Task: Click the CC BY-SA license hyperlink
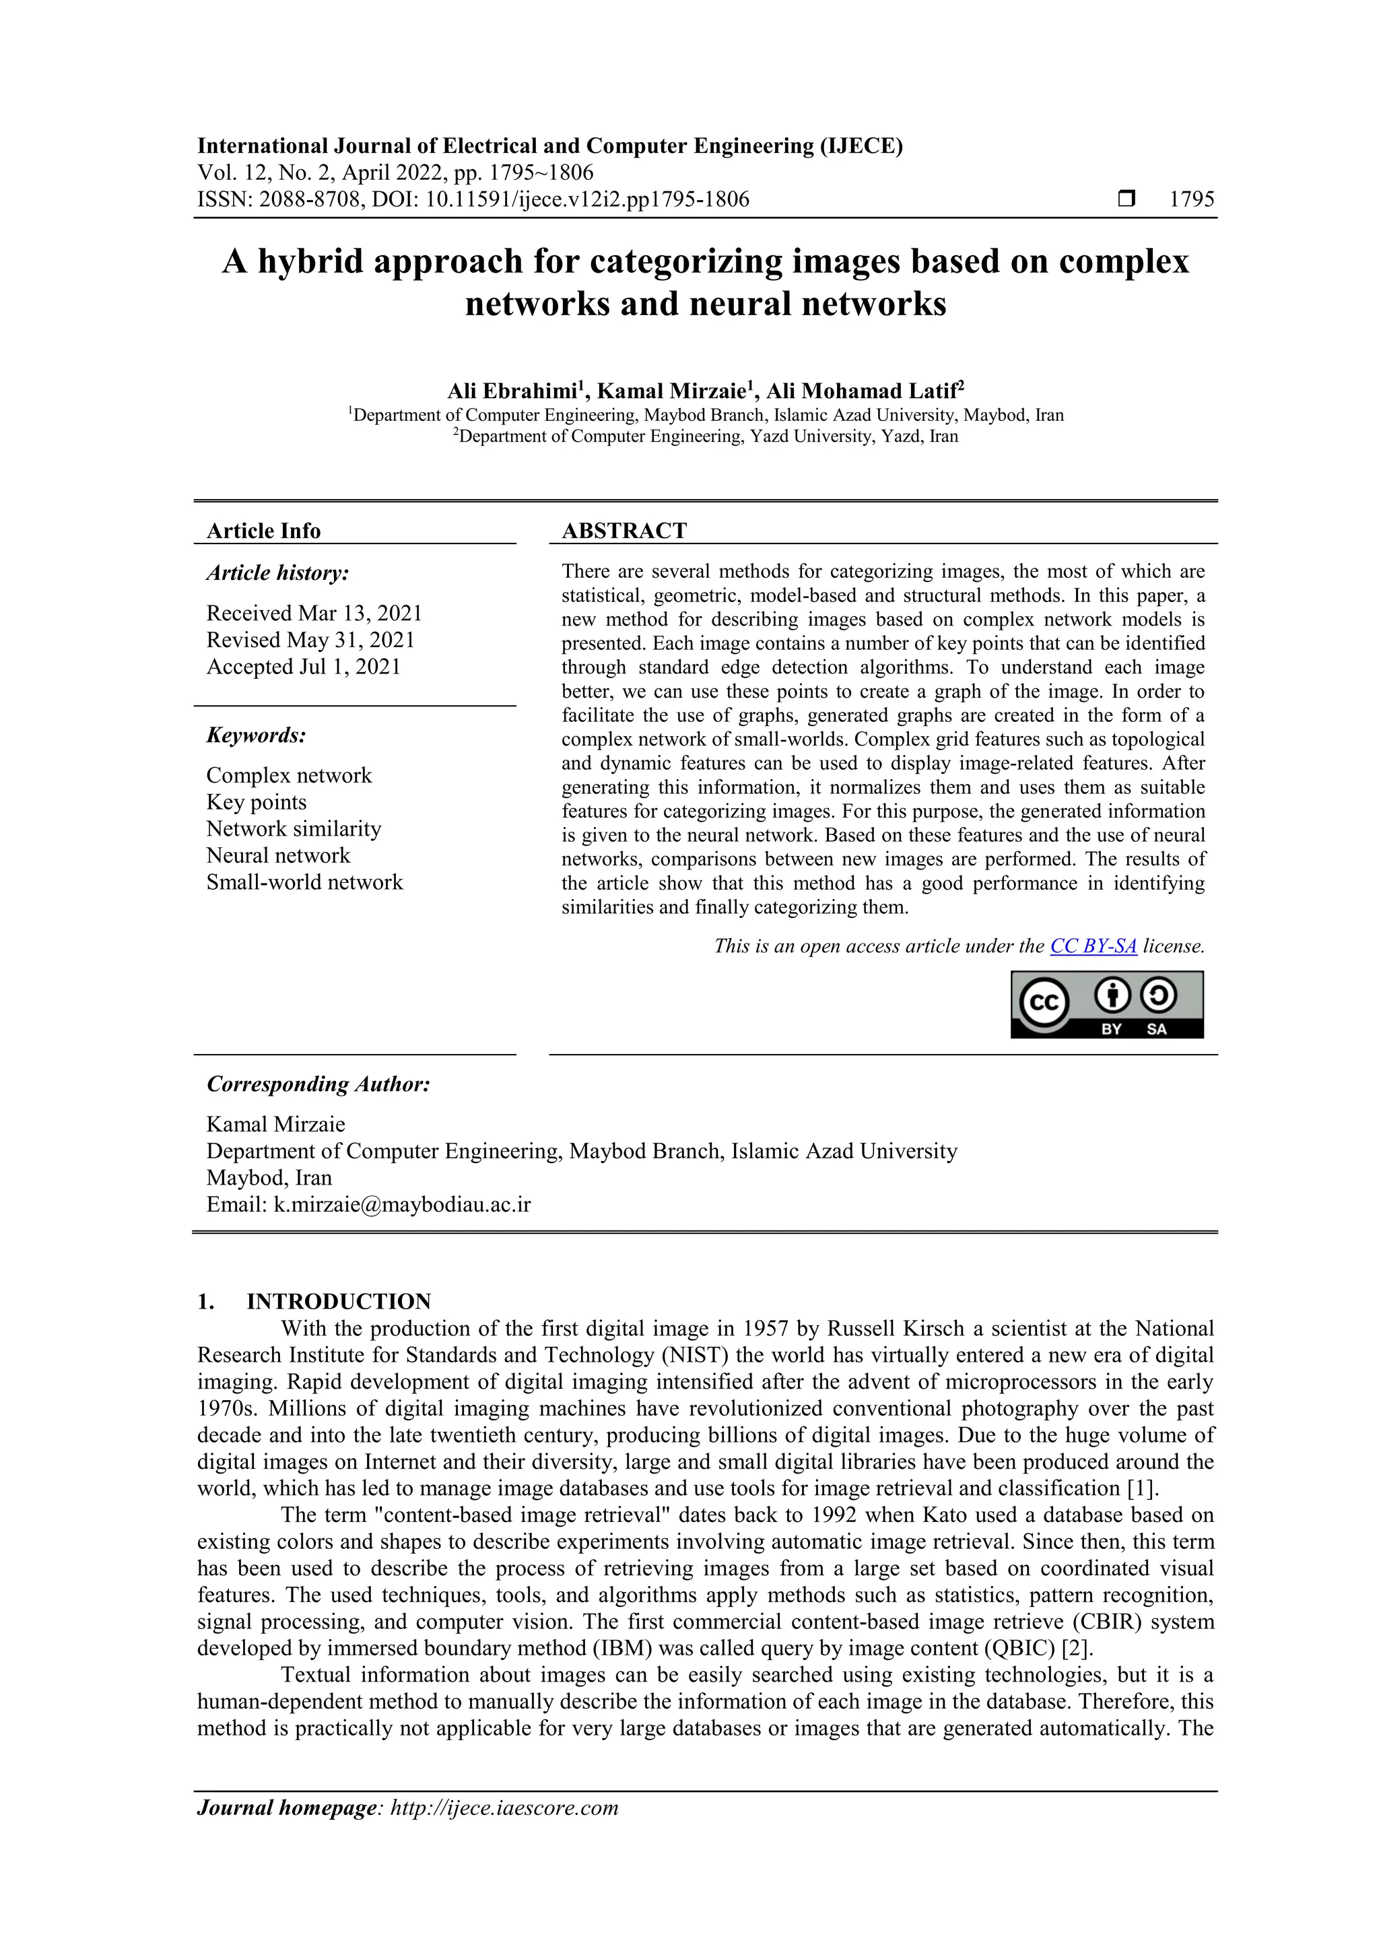pos(1093,946)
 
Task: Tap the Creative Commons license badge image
pos(1106,1005)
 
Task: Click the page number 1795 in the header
pos(1191,200)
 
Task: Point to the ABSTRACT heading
pos(624,531)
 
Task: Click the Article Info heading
pos(263,531)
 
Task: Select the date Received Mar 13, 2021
pos(314,614)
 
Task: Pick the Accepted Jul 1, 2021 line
pos(302,667)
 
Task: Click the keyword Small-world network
pos(304,882)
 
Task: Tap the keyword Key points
pos(256,802)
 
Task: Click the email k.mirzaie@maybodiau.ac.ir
pos(401,1205)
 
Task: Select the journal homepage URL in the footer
pos(504,1808)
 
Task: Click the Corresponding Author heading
pos(318,1084)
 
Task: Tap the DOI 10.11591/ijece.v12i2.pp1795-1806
pos(587,200)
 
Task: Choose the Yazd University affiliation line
pos(705,437)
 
